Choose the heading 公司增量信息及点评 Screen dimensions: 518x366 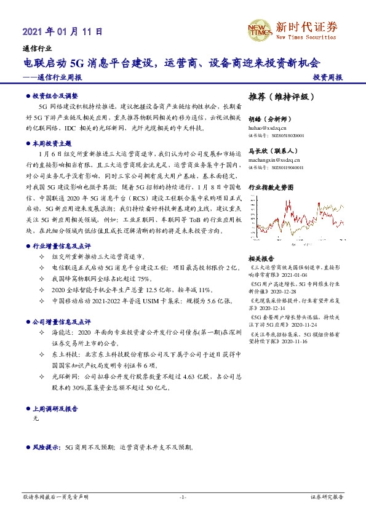tap(61, 321)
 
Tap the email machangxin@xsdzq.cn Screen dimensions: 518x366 tap(275, 159)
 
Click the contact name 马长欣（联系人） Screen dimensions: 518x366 tap(269, 152)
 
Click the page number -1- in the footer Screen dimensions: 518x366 tap(182, 496)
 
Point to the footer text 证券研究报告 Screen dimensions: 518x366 tap(328, 496)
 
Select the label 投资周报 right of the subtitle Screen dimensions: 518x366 tap(328, 78)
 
